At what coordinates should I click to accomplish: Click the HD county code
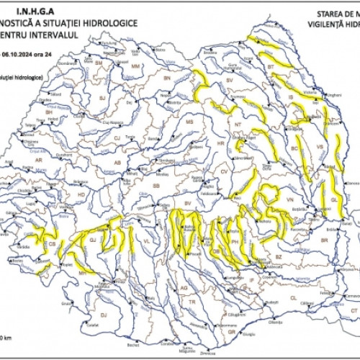pos(81,194)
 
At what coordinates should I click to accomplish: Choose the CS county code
pos(52,245)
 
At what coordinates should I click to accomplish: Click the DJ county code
pos(103,315)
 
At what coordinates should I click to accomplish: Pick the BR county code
pos(325,240)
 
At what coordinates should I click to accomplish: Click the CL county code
pos(293,297)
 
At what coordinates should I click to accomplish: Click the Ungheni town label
pos(333,95)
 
